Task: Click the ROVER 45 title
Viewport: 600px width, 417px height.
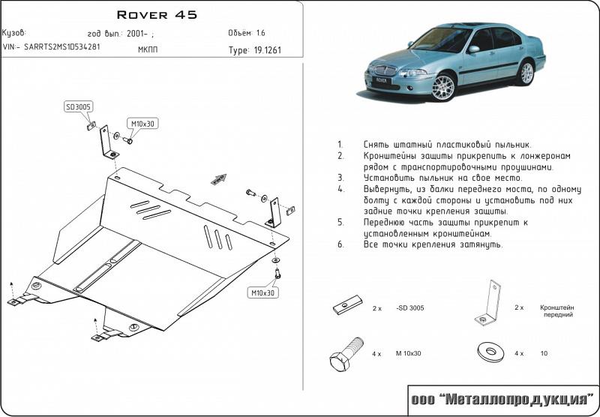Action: coord(157,14)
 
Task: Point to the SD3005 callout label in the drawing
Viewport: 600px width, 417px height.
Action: coord(79,108)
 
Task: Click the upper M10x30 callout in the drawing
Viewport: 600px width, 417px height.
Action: coord(143,123)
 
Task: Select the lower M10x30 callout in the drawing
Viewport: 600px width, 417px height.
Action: coord(264,292)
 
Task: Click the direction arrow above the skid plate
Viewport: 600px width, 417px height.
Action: coord(219,178)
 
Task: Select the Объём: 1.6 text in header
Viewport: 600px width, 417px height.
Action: coord(247,33)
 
